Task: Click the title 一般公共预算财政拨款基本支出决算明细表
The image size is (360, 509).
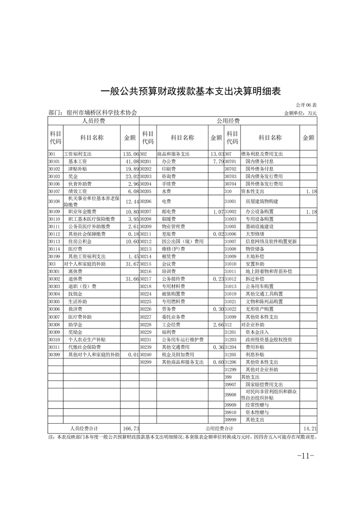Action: pyautogui.click(x=191, y=91)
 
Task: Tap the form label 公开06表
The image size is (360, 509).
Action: pyautogui.click(x=306, y=105)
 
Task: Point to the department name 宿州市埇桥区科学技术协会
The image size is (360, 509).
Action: pyautogui.click(x=101, y=113)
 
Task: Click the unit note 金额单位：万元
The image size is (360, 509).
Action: pyautogui.click(x=300, y=113)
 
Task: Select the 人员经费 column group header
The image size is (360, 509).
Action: pyautogui.click(x=94, y=121)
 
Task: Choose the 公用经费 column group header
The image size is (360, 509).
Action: pyautogui.click(x=228, y=121)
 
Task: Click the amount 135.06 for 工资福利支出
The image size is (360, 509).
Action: pyautogui.click(x=131, y=154)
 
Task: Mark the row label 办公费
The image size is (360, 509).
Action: pyautogui.click(x=168, y=161)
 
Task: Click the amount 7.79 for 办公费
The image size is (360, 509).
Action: pyautogui.click(x=217, y=161)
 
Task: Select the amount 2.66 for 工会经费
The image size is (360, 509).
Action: pyautogui.click(x=217, y=325)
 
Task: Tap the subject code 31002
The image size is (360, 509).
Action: pyautogui.click(x=232, y=211)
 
